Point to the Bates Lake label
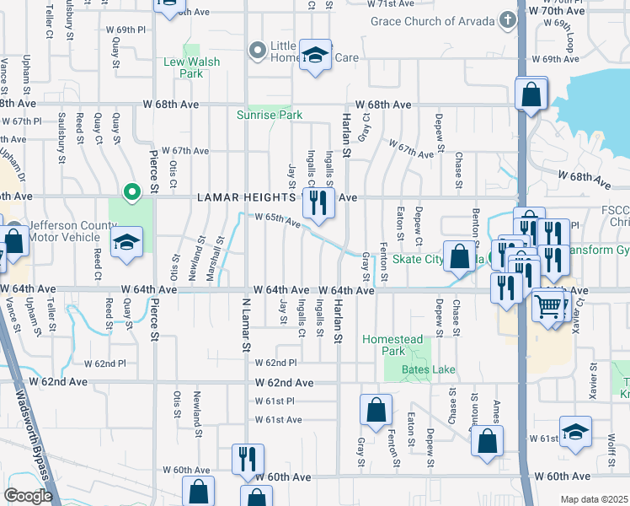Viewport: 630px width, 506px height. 408,369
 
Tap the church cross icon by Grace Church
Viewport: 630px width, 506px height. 507,19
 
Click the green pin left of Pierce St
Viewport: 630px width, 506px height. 131,193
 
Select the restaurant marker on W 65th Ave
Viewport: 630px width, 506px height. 318,202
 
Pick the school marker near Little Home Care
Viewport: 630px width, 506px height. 316,57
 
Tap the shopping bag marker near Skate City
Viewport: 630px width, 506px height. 459,257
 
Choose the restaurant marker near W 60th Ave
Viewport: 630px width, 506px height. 247,458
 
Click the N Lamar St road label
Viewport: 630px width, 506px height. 248,324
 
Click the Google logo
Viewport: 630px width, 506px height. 28,496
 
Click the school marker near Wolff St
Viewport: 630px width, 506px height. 575,433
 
